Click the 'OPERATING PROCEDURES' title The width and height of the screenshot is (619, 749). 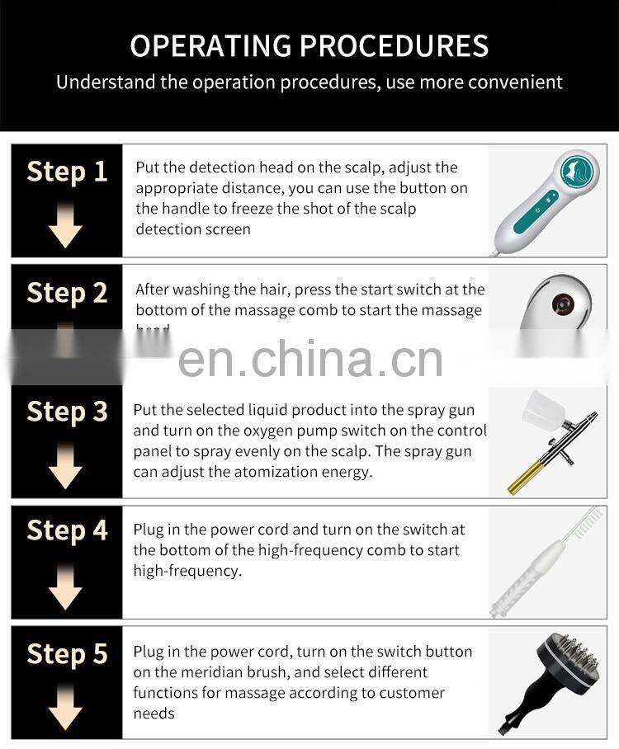309,45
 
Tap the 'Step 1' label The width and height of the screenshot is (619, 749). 67,172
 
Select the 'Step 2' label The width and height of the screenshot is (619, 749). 67,293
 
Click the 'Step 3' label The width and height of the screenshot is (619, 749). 67,412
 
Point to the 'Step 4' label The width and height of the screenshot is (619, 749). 67,531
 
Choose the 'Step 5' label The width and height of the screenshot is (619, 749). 67,654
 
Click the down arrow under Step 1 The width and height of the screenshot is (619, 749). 65,225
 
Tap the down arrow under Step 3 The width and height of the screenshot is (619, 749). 65,466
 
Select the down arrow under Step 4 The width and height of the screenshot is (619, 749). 65,587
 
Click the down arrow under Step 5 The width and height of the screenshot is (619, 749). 65,708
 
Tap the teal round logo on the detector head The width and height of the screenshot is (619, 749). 577,170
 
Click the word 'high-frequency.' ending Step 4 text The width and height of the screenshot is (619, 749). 187,571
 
